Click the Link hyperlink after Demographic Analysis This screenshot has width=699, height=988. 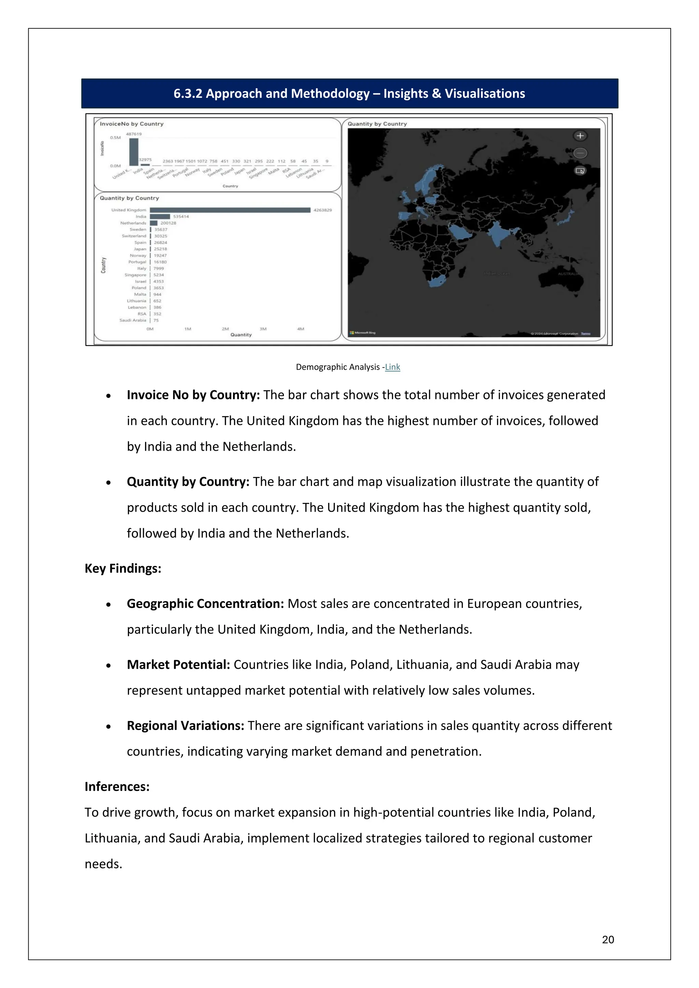392,367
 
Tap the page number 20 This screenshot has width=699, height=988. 608,939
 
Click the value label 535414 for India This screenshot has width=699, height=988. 181,216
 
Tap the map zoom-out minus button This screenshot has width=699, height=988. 580,153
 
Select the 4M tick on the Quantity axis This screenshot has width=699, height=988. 300,329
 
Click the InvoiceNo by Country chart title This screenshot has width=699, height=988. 132,124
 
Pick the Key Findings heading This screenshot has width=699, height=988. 123,568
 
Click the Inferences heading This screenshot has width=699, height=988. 117,787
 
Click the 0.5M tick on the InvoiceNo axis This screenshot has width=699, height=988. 115,138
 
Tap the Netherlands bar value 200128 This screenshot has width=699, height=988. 168,223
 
